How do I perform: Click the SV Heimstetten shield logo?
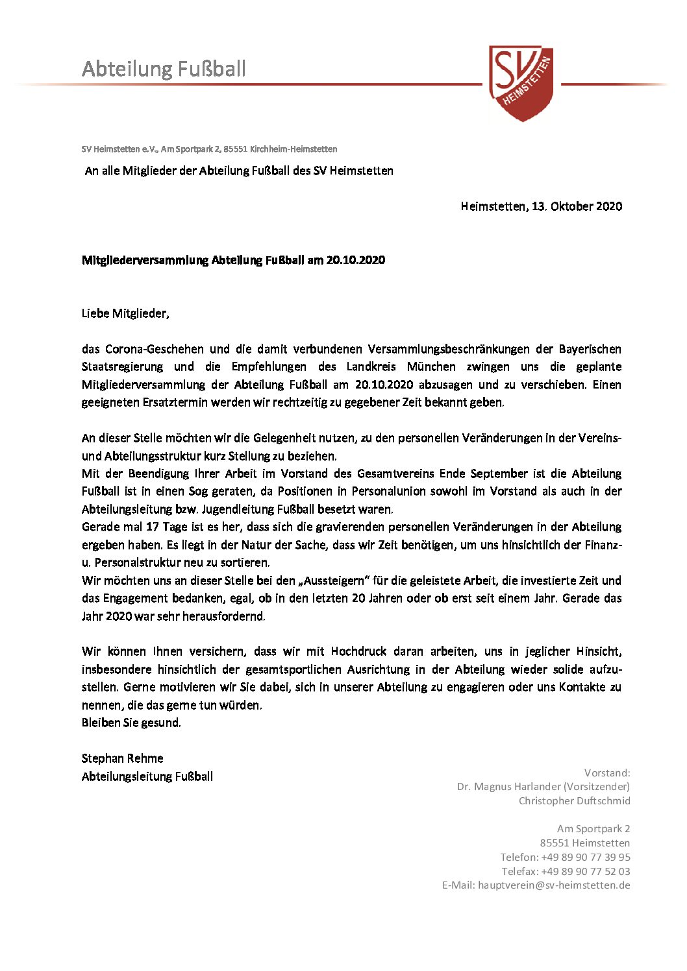pyautogui.click(x=521, y=82)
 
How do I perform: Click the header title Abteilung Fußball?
pyautogui.click(x=164, y=69)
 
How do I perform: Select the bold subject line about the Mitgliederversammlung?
pyautogui.click(x=233, y=260)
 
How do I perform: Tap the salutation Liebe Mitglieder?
pyautogui.click(x=125, y=313)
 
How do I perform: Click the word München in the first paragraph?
pyautogui.click(x=431, y=366)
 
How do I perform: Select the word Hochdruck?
pyautogui.click(x=358, y=651)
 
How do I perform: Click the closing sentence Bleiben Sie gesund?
pyautogui.click(x=131, y=723)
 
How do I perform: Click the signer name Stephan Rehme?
pyautogui.click(x=123, y=758)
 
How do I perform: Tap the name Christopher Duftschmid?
pyautogui.click(x=574, y=800)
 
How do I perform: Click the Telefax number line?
pyautogui.click(x=566, y=871)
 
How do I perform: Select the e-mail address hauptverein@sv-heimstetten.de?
pyautogui.click(x=554, y=885)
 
